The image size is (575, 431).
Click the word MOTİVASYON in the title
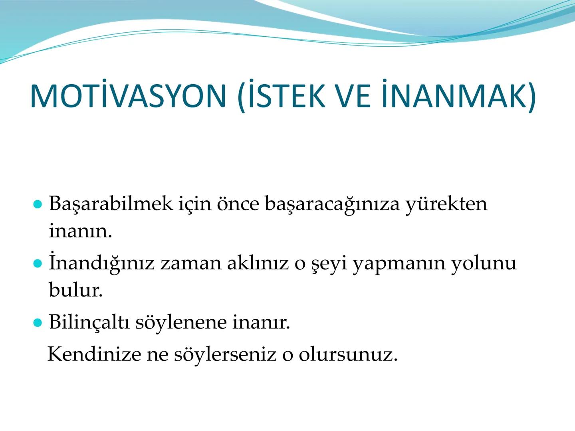(x=128, y=97)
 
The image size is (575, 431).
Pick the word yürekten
(x=446, y=204)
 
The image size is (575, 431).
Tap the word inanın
(x=80, y=231)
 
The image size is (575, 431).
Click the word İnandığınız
(x=101, y=263)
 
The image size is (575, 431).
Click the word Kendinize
(x=94, y=354)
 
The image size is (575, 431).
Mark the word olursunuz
(x=348, y=354)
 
